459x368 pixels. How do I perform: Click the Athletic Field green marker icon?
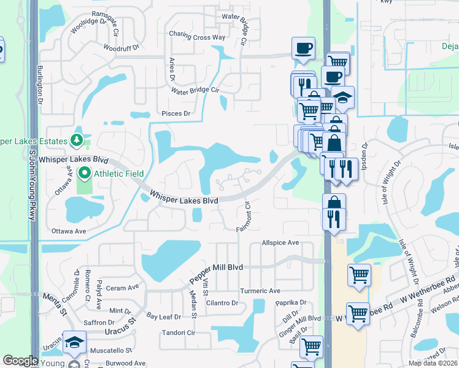click(x=85, y=173)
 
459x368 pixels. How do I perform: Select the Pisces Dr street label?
click(x=176, y=113)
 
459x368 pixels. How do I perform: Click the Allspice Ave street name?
click(x=280, y=243)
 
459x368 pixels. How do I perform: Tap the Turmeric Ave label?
click(x=260, y=291)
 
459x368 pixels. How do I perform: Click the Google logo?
click(x=20, y=361)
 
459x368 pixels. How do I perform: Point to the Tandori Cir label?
click(x=177, y=333)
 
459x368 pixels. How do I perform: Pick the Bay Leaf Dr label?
click(x=164, y=317)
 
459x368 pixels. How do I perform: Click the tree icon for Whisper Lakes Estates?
click(x=77, y=141)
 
